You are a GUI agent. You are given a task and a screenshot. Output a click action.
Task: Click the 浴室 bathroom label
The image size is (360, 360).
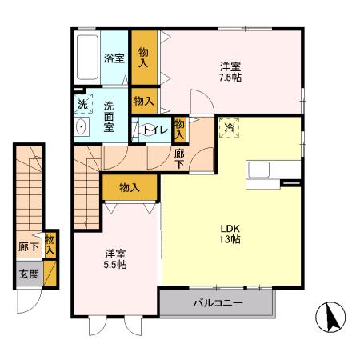[114, 58]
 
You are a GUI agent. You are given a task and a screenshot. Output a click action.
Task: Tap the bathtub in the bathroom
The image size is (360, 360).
[87, 58]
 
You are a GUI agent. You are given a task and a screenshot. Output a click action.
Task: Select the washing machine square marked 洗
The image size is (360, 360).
[83, 104]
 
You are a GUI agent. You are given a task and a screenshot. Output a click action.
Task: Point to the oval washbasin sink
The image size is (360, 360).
[81, 127]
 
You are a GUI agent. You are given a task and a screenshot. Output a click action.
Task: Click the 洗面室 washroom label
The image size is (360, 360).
[109, 117]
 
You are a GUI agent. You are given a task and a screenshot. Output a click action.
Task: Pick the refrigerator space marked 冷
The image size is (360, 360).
[229, 128]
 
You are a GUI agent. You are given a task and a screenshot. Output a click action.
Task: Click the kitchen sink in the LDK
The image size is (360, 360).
[258, 170]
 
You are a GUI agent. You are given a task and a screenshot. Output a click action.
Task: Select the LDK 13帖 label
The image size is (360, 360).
[230, 234]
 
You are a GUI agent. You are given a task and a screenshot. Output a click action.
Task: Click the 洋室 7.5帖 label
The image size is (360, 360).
[230, 72]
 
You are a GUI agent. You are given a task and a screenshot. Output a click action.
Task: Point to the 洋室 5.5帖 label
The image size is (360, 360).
[115, 259]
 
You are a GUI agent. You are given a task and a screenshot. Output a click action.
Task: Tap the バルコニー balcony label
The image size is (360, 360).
[218, 303]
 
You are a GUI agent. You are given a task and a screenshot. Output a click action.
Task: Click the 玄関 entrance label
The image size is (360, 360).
[29, 274]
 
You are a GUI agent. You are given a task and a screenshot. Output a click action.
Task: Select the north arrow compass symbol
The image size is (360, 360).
[330, 317]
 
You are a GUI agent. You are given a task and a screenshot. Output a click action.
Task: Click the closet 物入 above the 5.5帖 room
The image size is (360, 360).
[130, 187]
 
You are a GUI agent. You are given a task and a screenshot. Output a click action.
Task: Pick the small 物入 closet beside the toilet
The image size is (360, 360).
[179, 130]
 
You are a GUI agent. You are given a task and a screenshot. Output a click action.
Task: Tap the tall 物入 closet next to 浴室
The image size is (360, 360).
[144, 58]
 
